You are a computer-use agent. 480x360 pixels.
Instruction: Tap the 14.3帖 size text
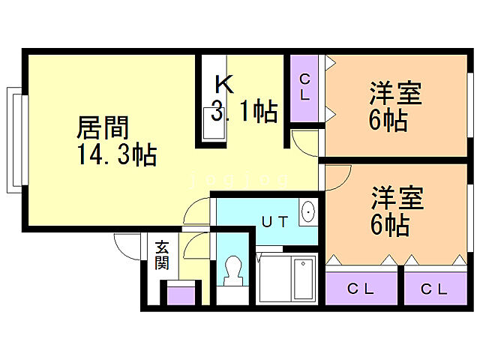click(x=115, y=155)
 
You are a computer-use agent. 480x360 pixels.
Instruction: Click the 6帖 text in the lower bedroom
click(x=389, y=225)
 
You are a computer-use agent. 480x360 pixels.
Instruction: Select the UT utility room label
click(x=273, y=221)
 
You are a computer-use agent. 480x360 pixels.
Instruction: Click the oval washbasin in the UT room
click(x=308, y=212)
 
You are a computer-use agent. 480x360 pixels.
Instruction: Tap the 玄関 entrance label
click(x=162, y=255)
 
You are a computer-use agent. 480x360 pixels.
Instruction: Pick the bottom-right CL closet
click(x=433, y=288)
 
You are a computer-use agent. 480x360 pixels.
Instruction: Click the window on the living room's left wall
click(x=14, y=139)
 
